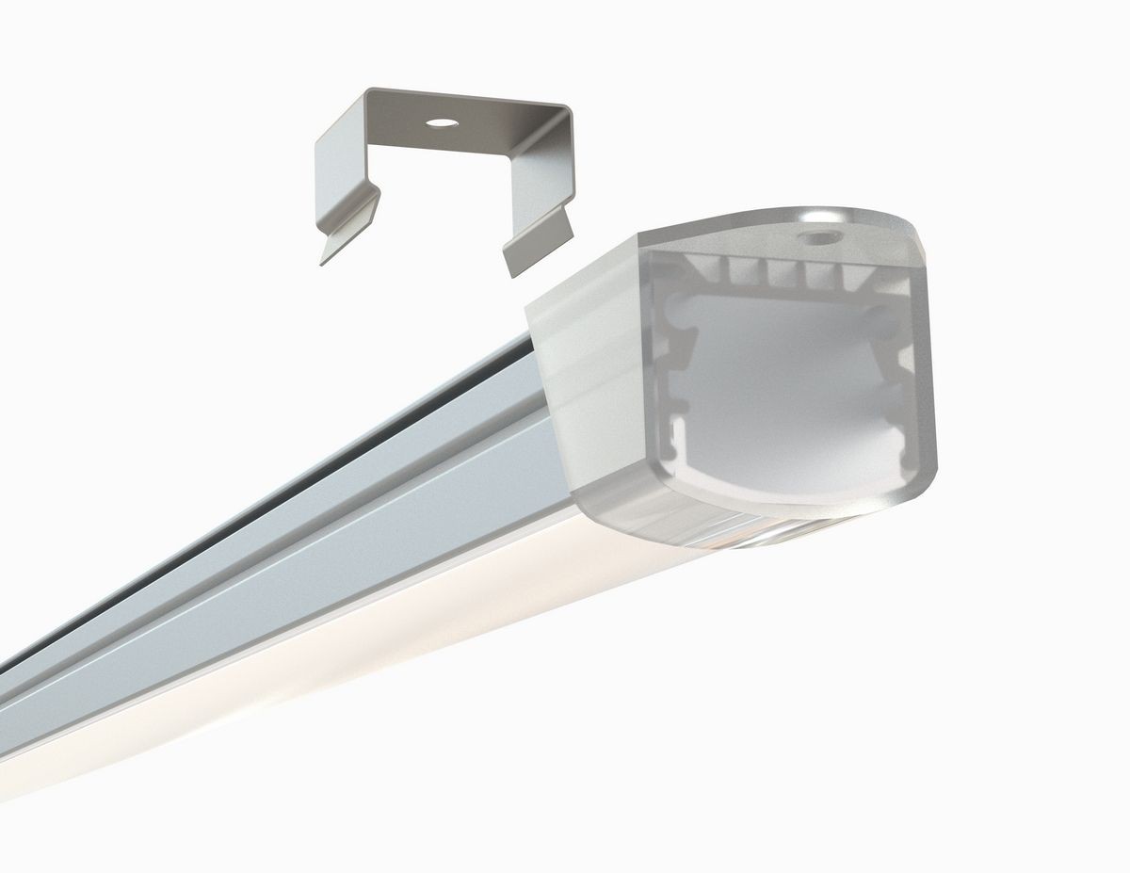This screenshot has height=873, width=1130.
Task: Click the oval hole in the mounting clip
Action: tap(442, 122)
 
